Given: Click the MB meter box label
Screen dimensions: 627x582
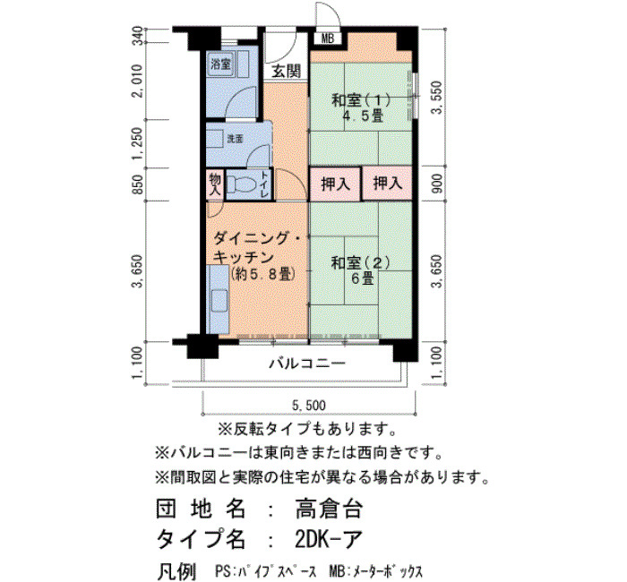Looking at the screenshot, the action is pyautogui.click(x=328, y=39).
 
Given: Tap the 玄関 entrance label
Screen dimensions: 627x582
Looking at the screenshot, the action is pyautogui.click(x=287, y=72).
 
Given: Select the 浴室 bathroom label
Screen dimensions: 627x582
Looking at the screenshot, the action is pyautogui.click(x=221, y=64).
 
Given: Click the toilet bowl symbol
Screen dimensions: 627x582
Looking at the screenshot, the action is pyautogui.click(x=241, y=185).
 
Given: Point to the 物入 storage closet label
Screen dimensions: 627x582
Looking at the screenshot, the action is pyautogui.click(x=215, y=184).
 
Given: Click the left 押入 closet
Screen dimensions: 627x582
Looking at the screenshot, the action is pyautogui.click(x=336, y=184).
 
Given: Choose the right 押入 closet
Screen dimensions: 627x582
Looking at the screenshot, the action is pyautogui.click(x=387, y=184).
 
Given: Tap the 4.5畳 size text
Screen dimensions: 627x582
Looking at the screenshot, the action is pyautogui.click(x=363, y=116).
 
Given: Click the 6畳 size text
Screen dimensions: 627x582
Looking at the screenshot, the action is pyautogui.click(x=363, y=278).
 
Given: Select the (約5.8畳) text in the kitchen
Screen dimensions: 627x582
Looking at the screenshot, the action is pyautogui.click(x=263, y=274).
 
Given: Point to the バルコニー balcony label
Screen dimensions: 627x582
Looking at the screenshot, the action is pyautogui.click(x=306, y=364).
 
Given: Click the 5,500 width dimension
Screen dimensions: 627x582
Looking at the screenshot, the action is pyautogui.click(x=309, y=406).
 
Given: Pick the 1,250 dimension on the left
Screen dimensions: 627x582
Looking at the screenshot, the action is pyautogui.click(x=138, y=143).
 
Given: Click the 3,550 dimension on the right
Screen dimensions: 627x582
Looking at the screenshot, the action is pyautogui.click(x=437, y=98).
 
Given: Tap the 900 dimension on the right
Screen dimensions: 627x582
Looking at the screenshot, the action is pyautogui.click(x=437, y=184).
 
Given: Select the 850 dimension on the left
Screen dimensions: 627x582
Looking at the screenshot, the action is pyautogui.click(x=138, y=184).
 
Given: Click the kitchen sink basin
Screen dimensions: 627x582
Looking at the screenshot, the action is pyautogui.click(x=219, y=301).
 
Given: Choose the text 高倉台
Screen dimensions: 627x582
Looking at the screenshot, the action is pyautogui.click(x=329, y=509).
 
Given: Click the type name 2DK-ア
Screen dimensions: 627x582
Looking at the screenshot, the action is pyautogui.click(x=329, y=539).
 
